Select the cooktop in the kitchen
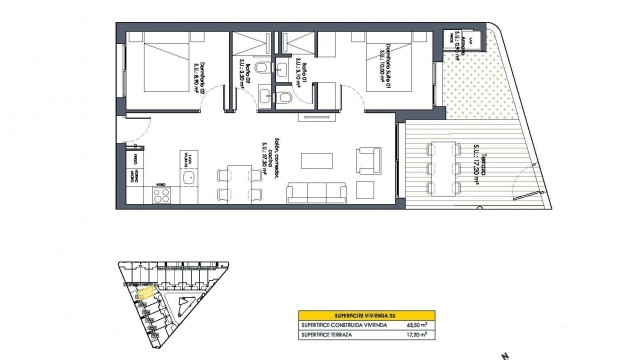click(187, 158)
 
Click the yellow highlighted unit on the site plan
click(145, 293)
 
